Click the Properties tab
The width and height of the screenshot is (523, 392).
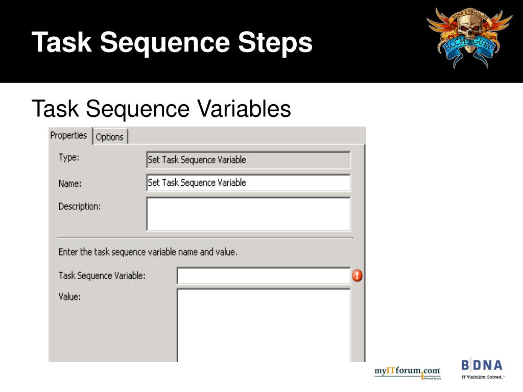pos(69,136)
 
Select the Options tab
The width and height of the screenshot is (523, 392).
pos(110,137)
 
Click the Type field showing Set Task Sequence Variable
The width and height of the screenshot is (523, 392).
pos(248,160)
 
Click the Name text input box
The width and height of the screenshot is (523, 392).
pos(248,183)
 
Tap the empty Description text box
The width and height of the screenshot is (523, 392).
pos(248,214)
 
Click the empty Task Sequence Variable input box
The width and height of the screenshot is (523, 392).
pos(263,276)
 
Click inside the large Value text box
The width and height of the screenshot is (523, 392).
pos(263,324)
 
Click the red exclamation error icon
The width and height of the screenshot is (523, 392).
pos(358,276)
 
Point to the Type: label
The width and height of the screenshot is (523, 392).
pos(68,158)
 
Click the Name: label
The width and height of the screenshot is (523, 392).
pos(70,184)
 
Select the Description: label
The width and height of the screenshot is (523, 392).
pos(79,207)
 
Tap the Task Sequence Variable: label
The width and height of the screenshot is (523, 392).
pos(102,276)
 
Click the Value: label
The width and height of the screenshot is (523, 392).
pos(69,296)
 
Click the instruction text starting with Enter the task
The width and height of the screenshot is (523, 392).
pos(148,252)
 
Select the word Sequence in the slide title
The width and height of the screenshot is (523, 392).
pos(164,42)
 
